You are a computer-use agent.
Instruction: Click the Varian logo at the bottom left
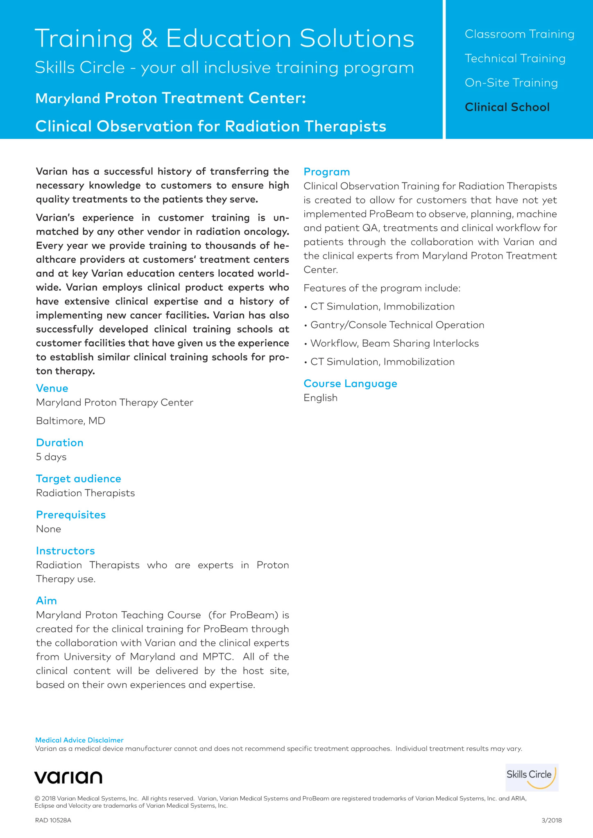click(x=68, y=777)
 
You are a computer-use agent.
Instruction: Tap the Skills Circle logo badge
click(x=532, y=777)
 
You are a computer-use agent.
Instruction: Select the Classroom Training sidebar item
click(x=519, y=34)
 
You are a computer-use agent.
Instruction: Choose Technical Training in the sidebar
click(x=515, y=59)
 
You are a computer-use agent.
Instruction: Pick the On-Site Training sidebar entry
click(x=511, y=83)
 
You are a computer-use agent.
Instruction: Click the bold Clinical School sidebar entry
click(x=507, y=107)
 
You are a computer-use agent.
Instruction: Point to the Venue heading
click(x=52, y=388)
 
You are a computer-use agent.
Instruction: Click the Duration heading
click(x=60, y=443)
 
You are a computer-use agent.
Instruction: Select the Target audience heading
click(x=79, y=479)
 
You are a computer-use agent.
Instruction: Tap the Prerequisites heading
click(x=71, y=515)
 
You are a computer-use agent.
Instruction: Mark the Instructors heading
click(x=66, y=551)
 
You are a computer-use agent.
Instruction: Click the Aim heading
click(x=46, y=601)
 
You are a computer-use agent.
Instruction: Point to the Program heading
click(x=327, y=172)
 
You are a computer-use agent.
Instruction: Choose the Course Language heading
click(x=351, y=384)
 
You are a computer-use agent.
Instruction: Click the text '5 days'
click(x=51, y=457)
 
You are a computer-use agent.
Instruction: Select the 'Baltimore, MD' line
click(x=70, y=421)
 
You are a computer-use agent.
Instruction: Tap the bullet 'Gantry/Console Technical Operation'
click(x=397, y=325)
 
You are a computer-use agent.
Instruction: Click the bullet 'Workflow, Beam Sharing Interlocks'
click(x=394, y=344)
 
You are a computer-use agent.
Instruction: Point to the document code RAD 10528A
click(x=53, y=820)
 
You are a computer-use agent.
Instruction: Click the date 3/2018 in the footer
click(x=551, y=820)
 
